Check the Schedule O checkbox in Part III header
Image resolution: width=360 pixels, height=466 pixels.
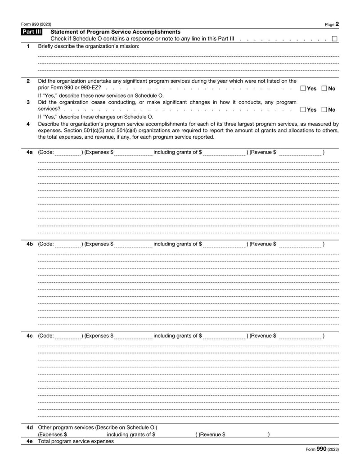[x=335, y=39]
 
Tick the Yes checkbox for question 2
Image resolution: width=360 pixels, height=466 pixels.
[x=303, y=88]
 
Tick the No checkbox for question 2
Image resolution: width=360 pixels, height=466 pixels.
[x=325, y=88]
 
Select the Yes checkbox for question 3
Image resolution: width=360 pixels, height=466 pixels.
[x=303, y=109]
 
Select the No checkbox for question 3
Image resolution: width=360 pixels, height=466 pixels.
[x=325, y=109]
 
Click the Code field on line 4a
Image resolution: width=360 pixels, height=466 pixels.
[x=68, y=153]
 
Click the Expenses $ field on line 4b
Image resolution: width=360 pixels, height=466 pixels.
[x=133, y=244]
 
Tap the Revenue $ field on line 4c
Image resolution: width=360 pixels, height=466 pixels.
[x=300, y=336]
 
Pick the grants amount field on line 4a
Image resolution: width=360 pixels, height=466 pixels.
[x=224, y=153]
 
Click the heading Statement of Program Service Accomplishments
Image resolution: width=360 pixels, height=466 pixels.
[x=116, y=32]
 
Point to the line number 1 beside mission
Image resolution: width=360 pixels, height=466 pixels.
[x=28, y=46]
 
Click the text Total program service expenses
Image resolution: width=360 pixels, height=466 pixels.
[x=76, y=441]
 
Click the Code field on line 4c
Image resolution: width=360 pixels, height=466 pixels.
[x=68, y=336]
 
